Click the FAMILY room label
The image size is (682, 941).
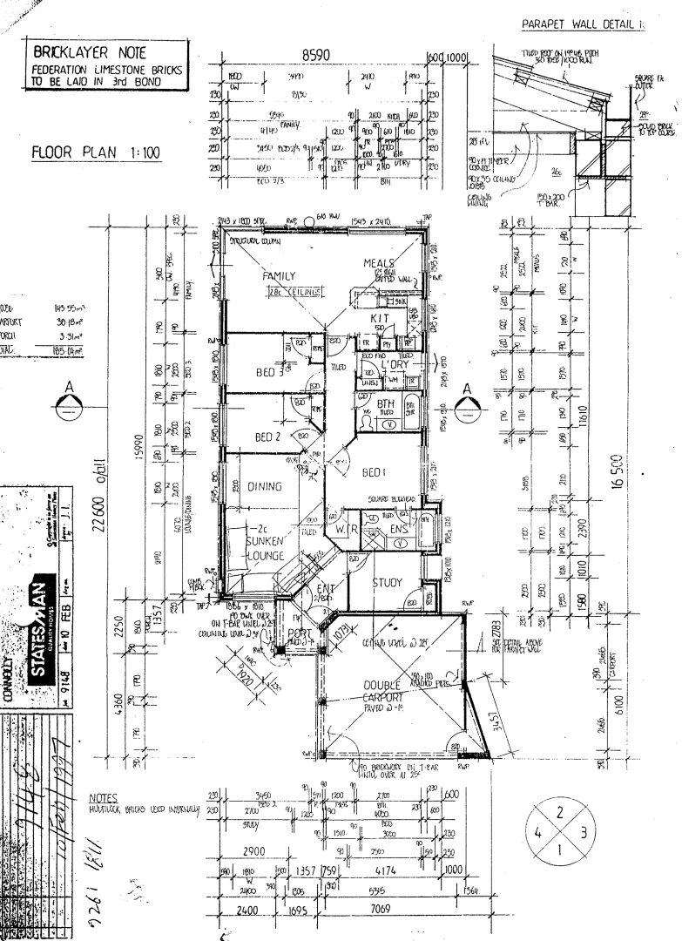pyautogui.click(x=280, y=276)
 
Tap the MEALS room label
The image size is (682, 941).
pyautogui.click(x=379, y=263)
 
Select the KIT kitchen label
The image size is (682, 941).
pyautogui.click(x=379, y=319)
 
